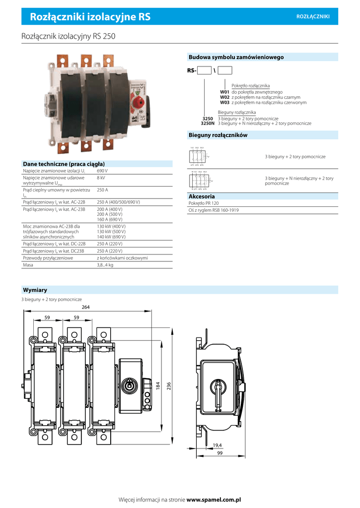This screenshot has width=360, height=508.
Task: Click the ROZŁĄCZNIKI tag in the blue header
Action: (313, 17)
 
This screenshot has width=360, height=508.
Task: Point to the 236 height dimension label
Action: (168, 385)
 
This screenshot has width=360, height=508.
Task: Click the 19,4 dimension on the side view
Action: (217, 445)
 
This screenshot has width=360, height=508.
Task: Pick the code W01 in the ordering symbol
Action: (224, 92)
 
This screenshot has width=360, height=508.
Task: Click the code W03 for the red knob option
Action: (224, 102)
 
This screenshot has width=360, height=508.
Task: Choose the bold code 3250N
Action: (208, 123)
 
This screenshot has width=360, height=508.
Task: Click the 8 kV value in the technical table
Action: (101, 177)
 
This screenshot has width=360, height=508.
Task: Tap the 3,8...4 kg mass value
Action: (105, 265)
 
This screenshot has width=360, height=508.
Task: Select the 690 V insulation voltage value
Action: (102, 171)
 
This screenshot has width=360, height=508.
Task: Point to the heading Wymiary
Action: (35, 290)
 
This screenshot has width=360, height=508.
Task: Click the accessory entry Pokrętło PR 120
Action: (204, 203)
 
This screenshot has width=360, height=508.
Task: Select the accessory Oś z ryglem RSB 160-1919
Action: (214, 210)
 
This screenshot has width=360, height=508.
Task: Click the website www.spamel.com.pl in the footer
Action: (214, 499)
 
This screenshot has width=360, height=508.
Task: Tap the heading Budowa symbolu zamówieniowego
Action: (236, 57)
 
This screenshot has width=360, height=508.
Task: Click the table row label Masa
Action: (28, 265)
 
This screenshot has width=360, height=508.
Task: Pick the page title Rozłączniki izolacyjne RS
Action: (90, 17)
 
